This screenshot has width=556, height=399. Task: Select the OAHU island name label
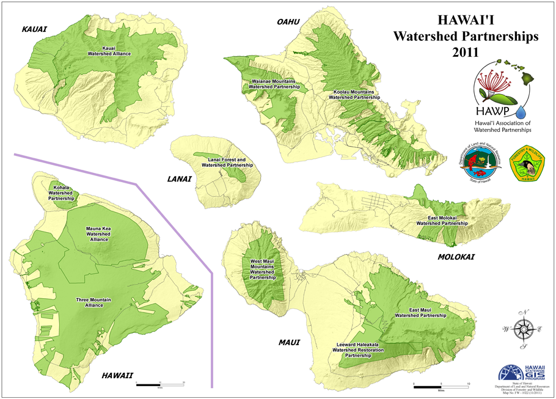[x=288, y=22]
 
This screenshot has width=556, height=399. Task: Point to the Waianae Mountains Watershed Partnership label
[x=274, y=84]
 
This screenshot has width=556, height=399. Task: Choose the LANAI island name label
[x=179, y=179]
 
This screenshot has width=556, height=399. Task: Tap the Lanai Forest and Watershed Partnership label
[x=227, y=162]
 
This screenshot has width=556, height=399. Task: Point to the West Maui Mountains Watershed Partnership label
[x=263, y=269]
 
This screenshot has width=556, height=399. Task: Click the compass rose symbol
[x=522, y=329]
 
